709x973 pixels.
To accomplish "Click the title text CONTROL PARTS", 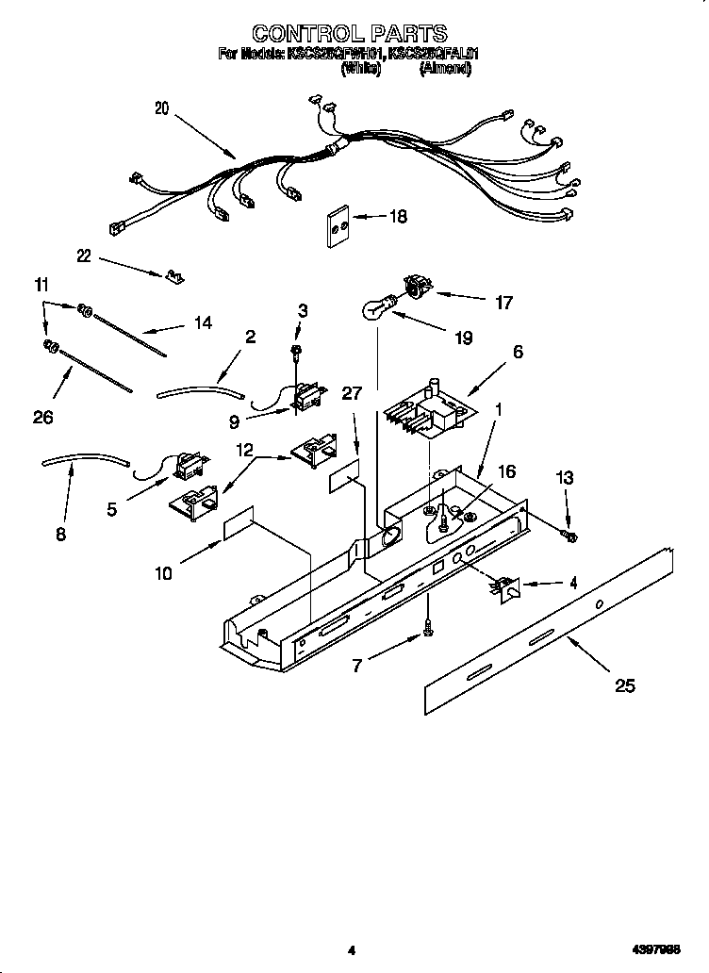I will (x=350, y=35).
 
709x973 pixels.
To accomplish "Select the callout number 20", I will (x=161, y=108).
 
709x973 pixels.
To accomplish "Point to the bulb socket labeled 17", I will (x=415, y=284).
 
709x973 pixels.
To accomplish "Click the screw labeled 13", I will (x=569, y=536).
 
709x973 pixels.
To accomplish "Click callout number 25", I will (x=623, y=685).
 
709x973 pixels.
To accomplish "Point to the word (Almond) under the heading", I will (x=445, y=68).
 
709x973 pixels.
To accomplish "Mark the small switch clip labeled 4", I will (x=506, y=587).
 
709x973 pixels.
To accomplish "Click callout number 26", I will (x=42, y=418).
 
